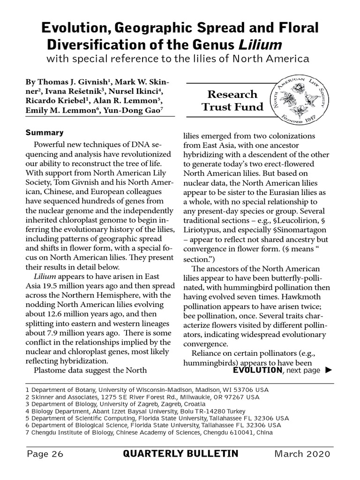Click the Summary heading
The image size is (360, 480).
click(45, 133)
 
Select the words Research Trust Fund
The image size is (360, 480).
click(232, 101)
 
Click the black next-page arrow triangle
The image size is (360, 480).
click(328, 370)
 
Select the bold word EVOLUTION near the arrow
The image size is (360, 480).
click(257, 370)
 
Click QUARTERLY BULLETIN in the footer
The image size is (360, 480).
click(180, 454)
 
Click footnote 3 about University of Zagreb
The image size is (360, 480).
click(115, 404)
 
